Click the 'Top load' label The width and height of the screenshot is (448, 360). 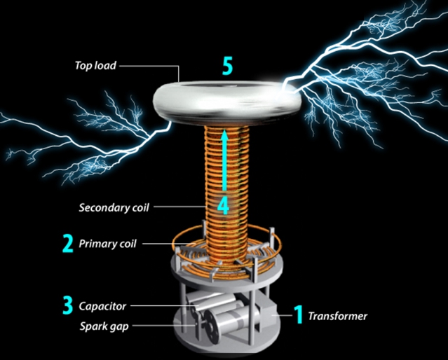(x=95, y=66)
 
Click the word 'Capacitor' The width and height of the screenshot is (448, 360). (x=102, y=306)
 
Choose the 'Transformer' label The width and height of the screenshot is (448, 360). (x=338, y=316)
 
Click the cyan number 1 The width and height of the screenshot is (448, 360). (x=298, y=315)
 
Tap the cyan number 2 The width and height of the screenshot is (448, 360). (x=68, y=244)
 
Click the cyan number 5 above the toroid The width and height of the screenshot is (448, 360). (x=226, y=66)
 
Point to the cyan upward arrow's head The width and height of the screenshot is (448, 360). (x=225, y=135)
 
